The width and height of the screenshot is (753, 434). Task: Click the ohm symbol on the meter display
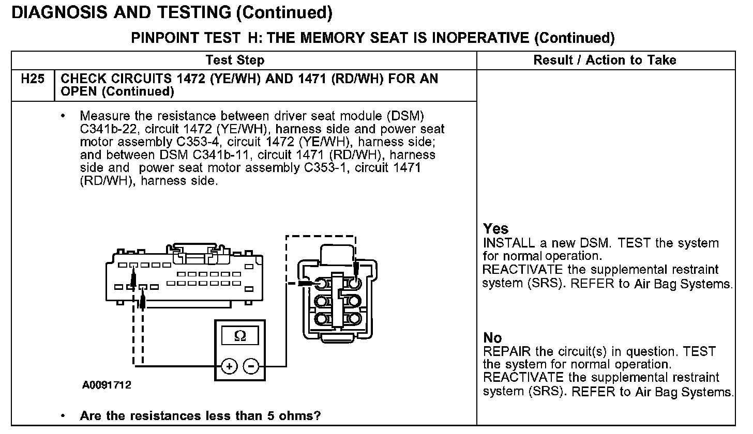[x=240, y=336]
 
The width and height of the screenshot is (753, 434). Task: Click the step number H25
[x=33, y=80]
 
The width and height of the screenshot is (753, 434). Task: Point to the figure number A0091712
[x=106, y=385]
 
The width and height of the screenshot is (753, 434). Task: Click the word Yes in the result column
[x=496, y=229]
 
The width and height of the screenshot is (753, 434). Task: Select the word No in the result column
[x=492, y=338]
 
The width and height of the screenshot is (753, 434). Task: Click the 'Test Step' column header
[x=235, y=60]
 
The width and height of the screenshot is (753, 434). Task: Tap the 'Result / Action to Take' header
[x=605, y=60]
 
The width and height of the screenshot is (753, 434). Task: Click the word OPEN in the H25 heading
[x=80, y=92]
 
